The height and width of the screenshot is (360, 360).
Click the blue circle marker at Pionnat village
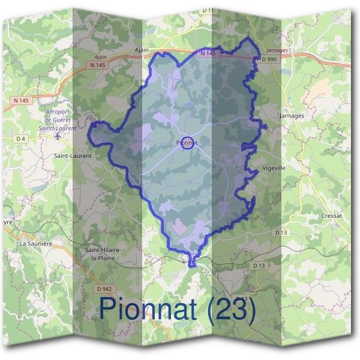click(x=188, y=143)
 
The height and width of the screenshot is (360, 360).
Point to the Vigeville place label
click(x=275, y=169)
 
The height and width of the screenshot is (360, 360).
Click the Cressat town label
click(x=331, y=215)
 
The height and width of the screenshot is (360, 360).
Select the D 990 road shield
click(x=268, y=61)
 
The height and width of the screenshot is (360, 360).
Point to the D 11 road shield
click(x=208, y=11)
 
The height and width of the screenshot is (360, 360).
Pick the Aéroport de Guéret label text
click(x=58, y=119)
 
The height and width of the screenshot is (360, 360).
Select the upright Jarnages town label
click(x=292, y=115)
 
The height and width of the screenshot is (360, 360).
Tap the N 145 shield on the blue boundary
click(x=208, y=53)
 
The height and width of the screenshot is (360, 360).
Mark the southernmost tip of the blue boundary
click(x=192, y=265)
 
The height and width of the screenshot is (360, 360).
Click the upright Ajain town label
click(x=142, y=50)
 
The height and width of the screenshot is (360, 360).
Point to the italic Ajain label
click(x=92, y=57)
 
